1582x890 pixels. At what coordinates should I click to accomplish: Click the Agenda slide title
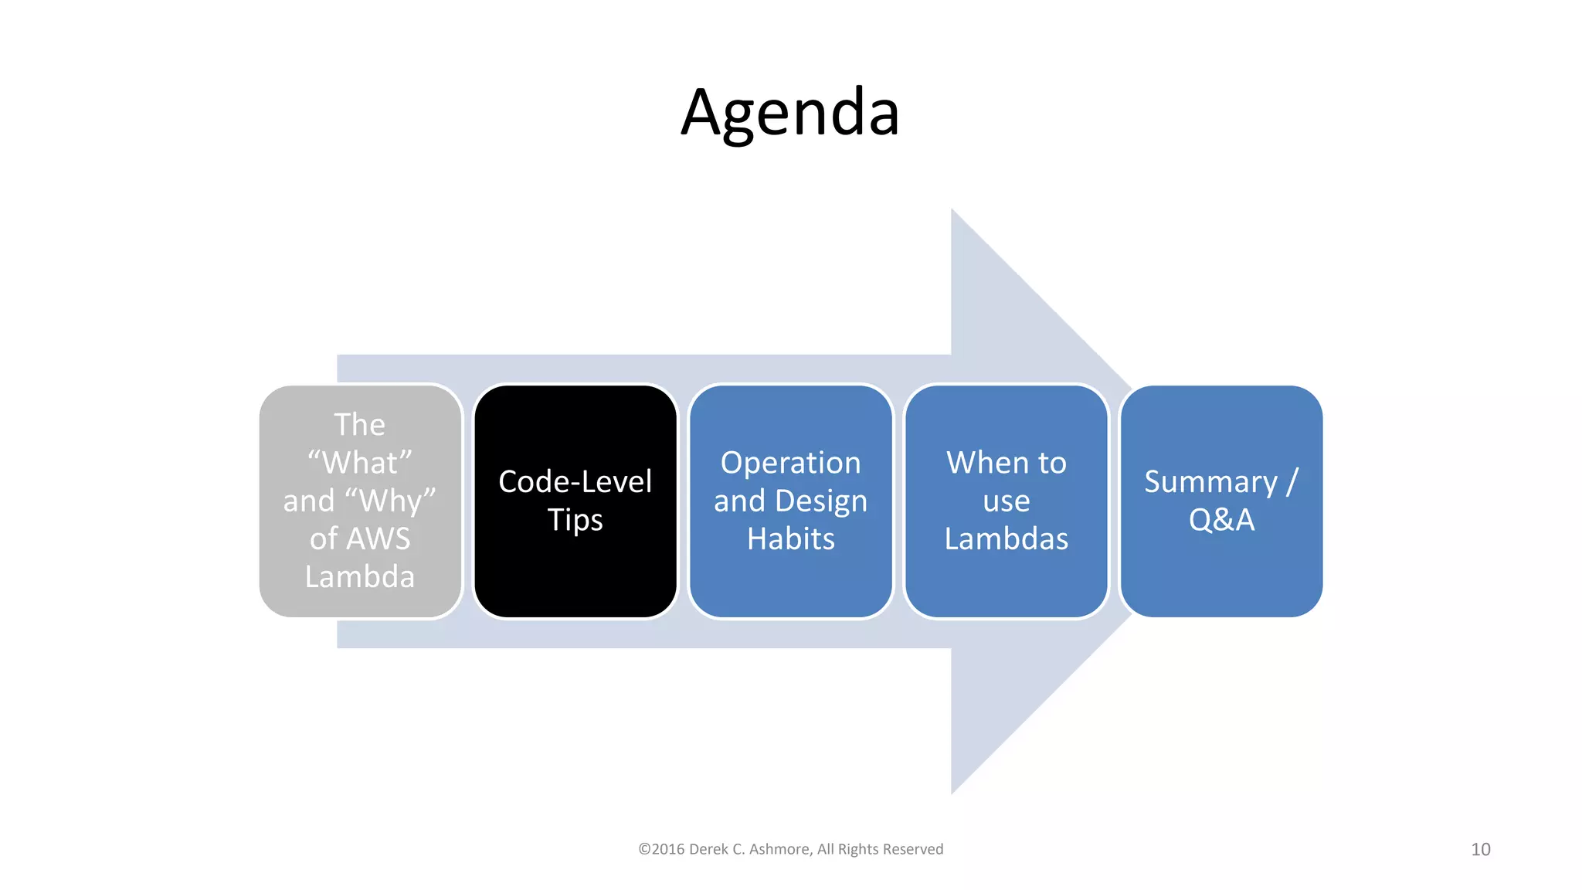[x=790, y=113]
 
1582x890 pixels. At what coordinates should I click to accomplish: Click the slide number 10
[x=1480, y=849]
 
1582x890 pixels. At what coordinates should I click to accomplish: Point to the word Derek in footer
[x=708, y=849]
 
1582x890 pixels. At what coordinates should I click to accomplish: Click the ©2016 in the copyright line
[x=661, y=849]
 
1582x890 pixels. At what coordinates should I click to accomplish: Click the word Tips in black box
[x=575, y=520]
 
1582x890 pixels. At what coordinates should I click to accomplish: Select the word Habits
[x=790, y=538]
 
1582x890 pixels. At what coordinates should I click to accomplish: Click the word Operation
[x=790, y=463]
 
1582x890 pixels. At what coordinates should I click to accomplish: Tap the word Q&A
[x=1221, y=519]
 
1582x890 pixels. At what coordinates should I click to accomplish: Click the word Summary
[x=1210, y=481]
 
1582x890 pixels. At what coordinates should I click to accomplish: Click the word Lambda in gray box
[x=360, y=576]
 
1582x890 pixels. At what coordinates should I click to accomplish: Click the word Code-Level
[x=575, y=481]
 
